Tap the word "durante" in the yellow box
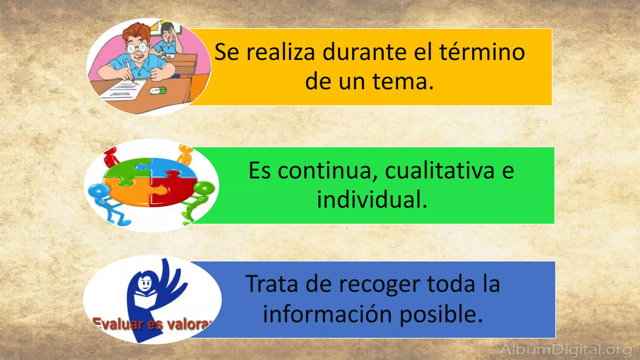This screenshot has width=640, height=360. (364, 52)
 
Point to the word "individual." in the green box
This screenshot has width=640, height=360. (372, 200)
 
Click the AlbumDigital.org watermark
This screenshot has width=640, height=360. (566, 349)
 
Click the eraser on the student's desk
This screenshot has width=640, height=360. (158, 91)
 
